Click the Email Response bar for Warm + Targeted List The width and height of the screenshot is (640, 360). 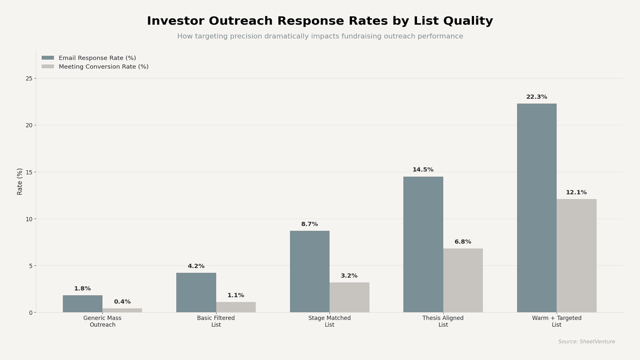(537, 208)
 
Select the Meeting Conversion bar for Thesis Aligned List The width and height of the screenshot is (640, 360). (463, 280)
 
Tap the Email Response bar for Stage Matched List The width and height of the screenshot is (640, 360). (310, 272)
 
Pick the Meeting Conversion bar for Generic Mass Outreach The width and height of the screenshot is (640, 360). (122, 310)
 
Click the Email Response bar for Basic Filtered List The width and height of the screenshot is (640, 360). (196, 293)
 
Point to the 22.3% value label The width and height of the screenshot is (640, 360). (537, 97)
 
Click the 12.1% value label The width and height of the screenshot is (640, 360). (576, 193)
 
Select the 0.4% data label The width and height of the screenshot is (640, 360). (122, 302)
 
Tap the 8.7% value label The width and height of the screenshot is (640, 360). (310, 224)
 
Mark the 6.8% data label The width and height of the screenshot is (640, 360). (463, 242)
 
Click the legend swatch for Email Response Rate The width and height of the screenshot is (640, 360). (48, 58)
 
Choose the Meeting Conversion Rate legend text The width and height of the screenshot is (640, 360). (104, 67)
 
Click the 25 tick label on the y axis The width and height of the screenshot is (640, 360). (29, 79)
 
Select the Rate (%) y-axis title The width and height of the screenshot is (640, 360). (20, 182)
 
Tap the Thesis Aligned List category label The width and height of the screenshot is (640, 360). (443, 321)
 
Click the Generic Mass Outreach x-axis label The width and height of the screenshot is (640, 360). (102, 321)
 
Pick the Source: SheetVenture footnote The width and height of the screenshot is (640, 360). (587, 342)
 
